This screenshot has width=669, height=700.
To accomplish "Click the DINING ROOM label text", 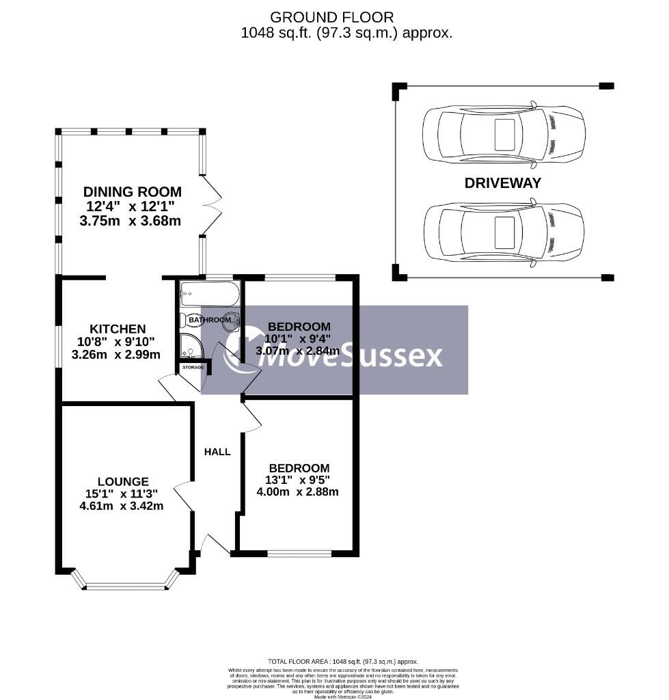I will (x=133, y=191).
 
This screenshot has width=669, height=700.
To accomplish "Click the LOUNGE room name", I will (x=123, y=481).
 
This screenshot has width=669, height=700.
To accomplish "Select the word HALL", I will (x=218, y=452).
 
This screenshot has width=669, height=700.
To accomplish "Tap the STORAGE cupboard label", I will (x=193, y=367).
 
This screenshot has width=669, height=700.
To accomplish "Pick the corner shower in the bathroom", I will (x=190, y=349).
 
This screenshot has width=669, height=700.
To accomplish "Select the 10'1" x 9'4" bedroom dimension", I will (x=298, y=339).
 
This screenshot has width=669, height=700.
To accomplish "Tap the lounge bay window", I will (x=126, y=586).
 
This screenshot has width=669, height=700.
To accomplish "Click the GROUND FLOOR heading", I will (x=332, y=17).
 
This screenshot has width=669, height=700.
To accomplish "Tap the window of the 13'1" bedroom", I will (x=299, y=553).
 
